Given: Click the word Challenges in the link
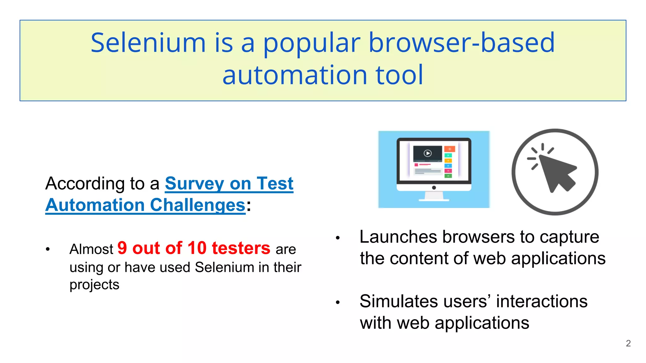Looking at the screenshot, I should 198,205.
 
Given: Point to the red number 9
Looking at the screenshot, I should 122,248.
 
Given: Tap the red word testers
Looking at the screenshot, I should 241,248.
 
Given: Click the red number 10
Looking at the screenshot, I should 197,248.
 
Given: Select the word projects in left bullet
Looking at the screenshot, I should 94,285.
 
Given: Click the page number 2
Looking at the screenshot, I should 628,343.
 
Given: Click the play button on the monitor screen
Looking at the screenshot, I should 428,153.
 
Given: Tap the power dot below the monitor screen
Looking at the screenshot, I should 434,188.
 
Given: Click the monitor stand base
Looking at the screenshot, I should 434,199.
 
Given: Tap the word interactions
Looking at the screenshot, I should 542,301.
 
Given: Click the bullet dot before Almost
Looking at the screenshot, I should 48,249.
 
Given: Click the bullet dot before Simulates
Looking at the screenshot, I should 338,302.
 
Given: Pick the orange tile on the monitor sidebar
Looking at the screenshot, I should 449,149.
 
